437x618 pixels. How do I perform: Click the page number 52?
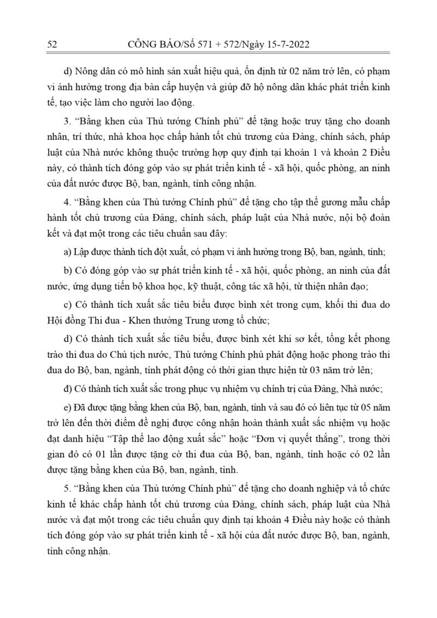pyautogui.click(x=52, y=44)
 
